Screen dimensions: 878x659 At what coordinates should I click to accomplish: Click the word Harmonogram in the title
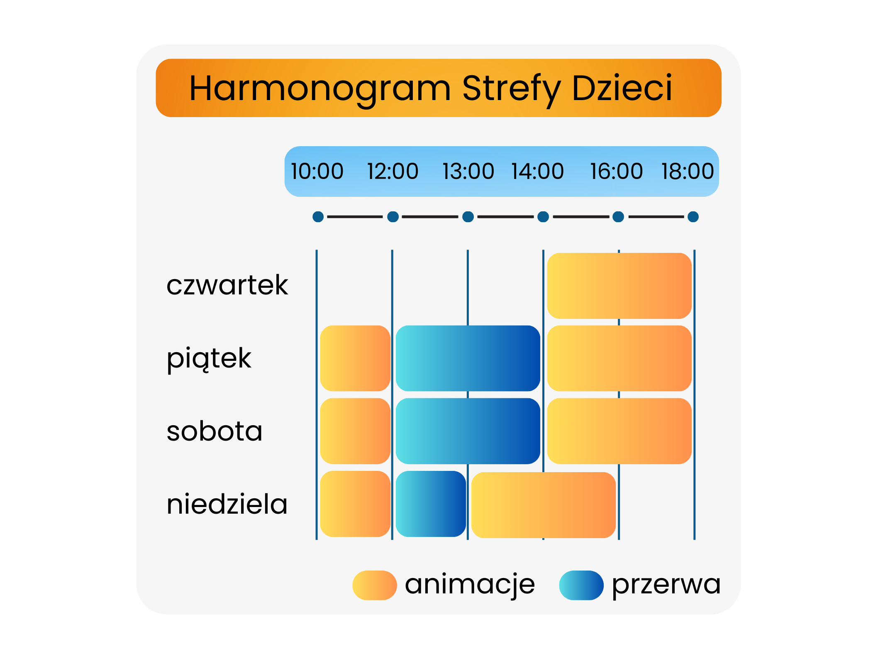click(x=320, y=88)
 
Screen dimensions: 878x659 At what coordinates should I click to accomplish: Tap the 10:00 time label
click(x=317, y=171)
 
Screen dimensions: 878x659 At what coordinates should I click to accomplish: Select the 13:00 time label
click(x=468, y=171)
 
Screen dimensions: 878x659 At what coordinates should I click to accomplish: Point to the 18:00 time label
click(x=688, y=171)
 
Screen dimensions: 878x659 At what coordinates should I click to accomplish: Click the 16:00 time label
click(x=617, y=171)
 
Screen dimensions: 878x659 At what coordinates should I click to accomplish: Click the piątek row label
click(x=209, y=359)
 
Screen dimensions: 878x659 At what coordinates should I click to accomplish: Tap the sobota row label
click(x=215, y=431)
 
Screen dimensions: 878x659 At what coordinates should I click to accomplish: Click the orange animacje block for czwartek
click(x=619, y=286)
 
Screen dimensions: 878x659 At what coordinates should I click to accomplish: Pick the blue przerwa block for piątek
click(x=468, y=358)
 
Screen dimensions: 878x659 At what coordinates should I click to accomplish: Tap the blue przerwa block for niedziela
click(x=431, y=504)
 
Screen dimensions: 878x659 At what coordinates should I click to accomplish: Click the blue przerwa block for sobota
click(x=468, y=431)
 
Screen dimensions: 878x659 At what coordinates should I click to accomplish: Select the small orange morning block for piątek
click(x=356, y=358)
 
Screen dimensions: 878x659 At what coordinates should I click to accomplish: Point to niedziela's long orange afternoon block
click(x=544, y=505)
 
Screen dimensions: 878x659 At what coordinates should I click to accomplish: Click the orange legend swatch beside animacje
click(x=375, y=586)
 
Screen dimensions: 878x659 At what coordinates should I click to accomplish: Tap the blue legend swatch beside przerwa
click(x=581, y=586)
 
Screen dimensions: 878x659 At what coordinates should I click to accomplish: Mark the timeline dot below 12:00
click(x=393, y=217)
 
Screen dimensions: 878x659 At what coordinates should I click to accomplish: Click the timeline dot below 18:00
click(x=693, y=217)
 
